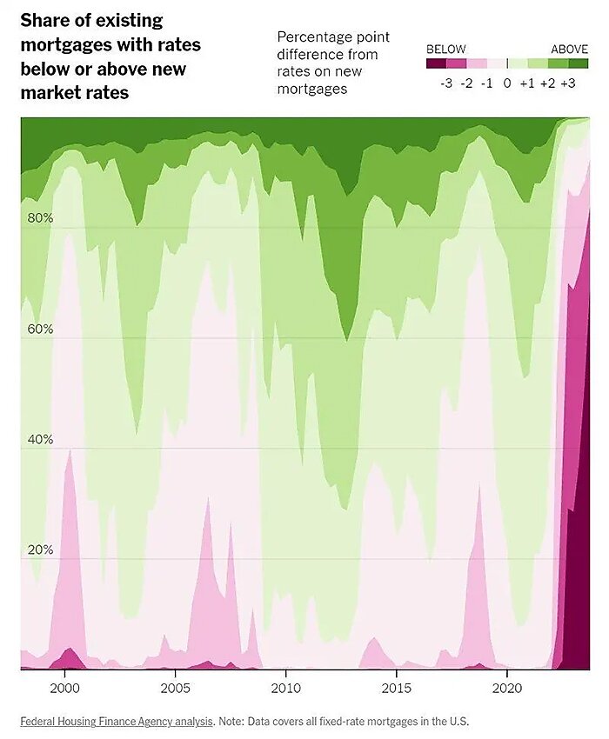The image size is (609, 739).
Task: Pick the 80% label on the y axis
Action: [x=39, y=218]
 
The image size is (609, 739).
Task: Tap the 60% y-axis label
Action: [x=39, y=330]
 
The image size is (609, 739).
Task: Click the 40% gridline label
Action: [x=39, y=440]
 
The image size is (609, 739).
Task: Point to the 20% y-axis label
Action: [x=39, y=550]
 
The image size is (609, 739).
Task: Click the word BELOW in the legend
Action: [x=445, y=49]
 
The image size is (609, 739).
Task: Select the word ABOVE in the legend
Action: [x=570, y=49]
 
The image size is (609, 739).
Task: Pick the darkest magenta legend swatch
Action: [x=436, y=63]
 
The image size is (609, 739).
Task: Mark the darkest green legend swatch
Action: [x=579, y=63]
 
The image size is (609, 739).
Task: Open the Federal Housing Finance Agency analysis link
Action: [x=117, y=721]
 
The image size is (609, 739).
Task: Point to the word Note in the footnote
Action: [x=233, y=721]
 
